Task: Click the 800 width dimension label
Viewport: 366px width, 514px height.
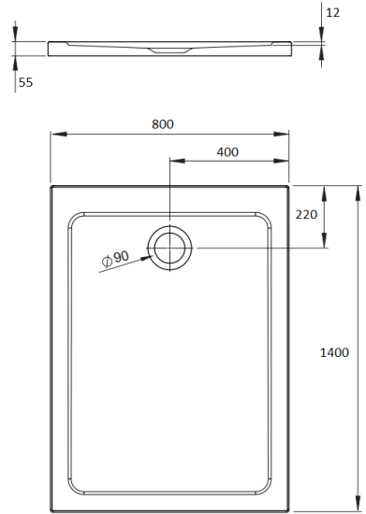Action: (161, 124)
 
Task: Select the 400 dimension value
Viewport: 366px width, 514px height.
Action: (227, 151)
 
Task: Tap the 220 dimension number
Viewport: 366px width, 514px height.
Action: (306, 214)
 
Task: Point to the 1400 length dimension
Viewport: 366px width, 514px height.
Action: (334, 352)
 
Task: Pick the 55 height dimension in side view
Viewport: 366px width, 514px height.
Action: (25, 82)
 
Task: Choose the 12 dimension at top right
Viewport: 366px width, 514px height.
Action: (333, 12)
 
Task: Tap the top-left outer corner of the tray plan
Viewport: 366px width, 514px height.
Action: (51, 185)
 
